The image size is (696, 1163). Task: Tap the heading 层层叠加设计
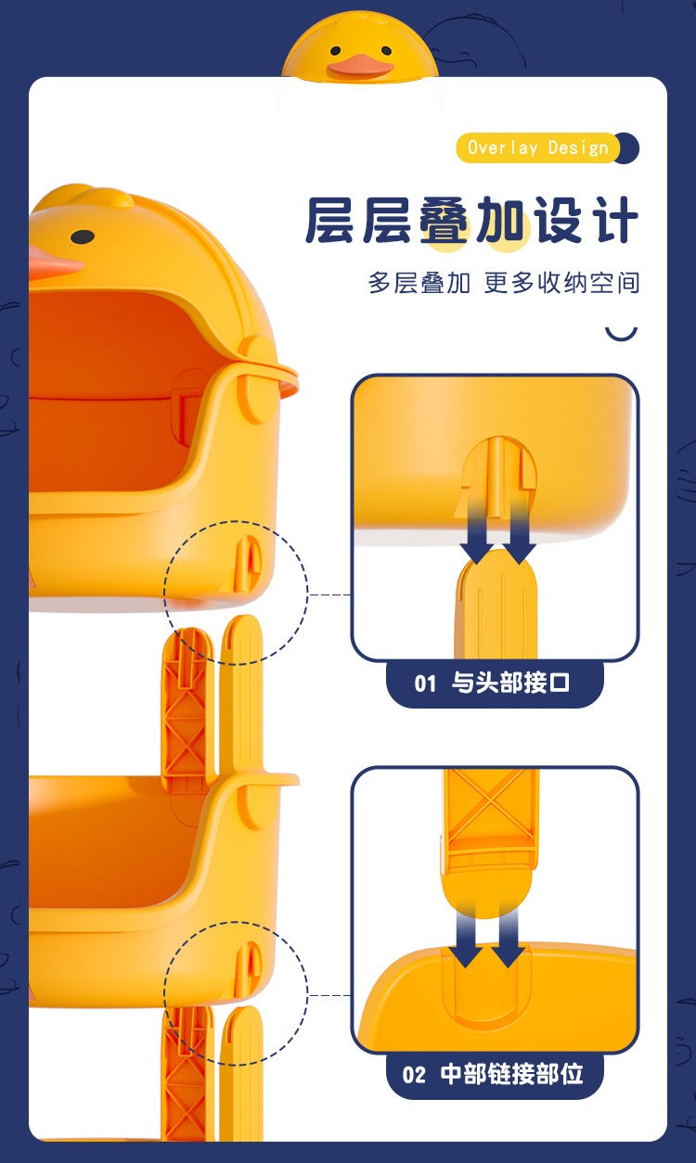[x=471, y=220]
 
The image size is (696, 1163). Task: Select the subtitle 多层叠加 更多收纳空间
[x=504, y=283]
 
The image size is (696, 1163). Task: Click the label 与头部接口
[x=510, y=683]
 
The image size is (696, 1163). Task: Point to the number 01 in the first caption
[x=425, y=684]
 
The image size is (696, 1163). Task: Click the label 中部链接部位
[x=511, y=1074]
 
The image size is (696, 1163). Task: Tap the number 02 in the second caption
[x=414, y=1074]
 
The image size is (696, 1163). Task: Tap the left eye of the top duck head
[x=336, y=51]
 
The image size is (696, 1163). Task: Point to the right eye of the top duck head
[x=386, y=50]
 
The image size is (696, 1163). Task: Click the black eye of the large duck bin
[x=83, y=236]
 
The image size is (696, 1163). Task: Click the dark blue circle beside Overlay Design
[x=628, y=148]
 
